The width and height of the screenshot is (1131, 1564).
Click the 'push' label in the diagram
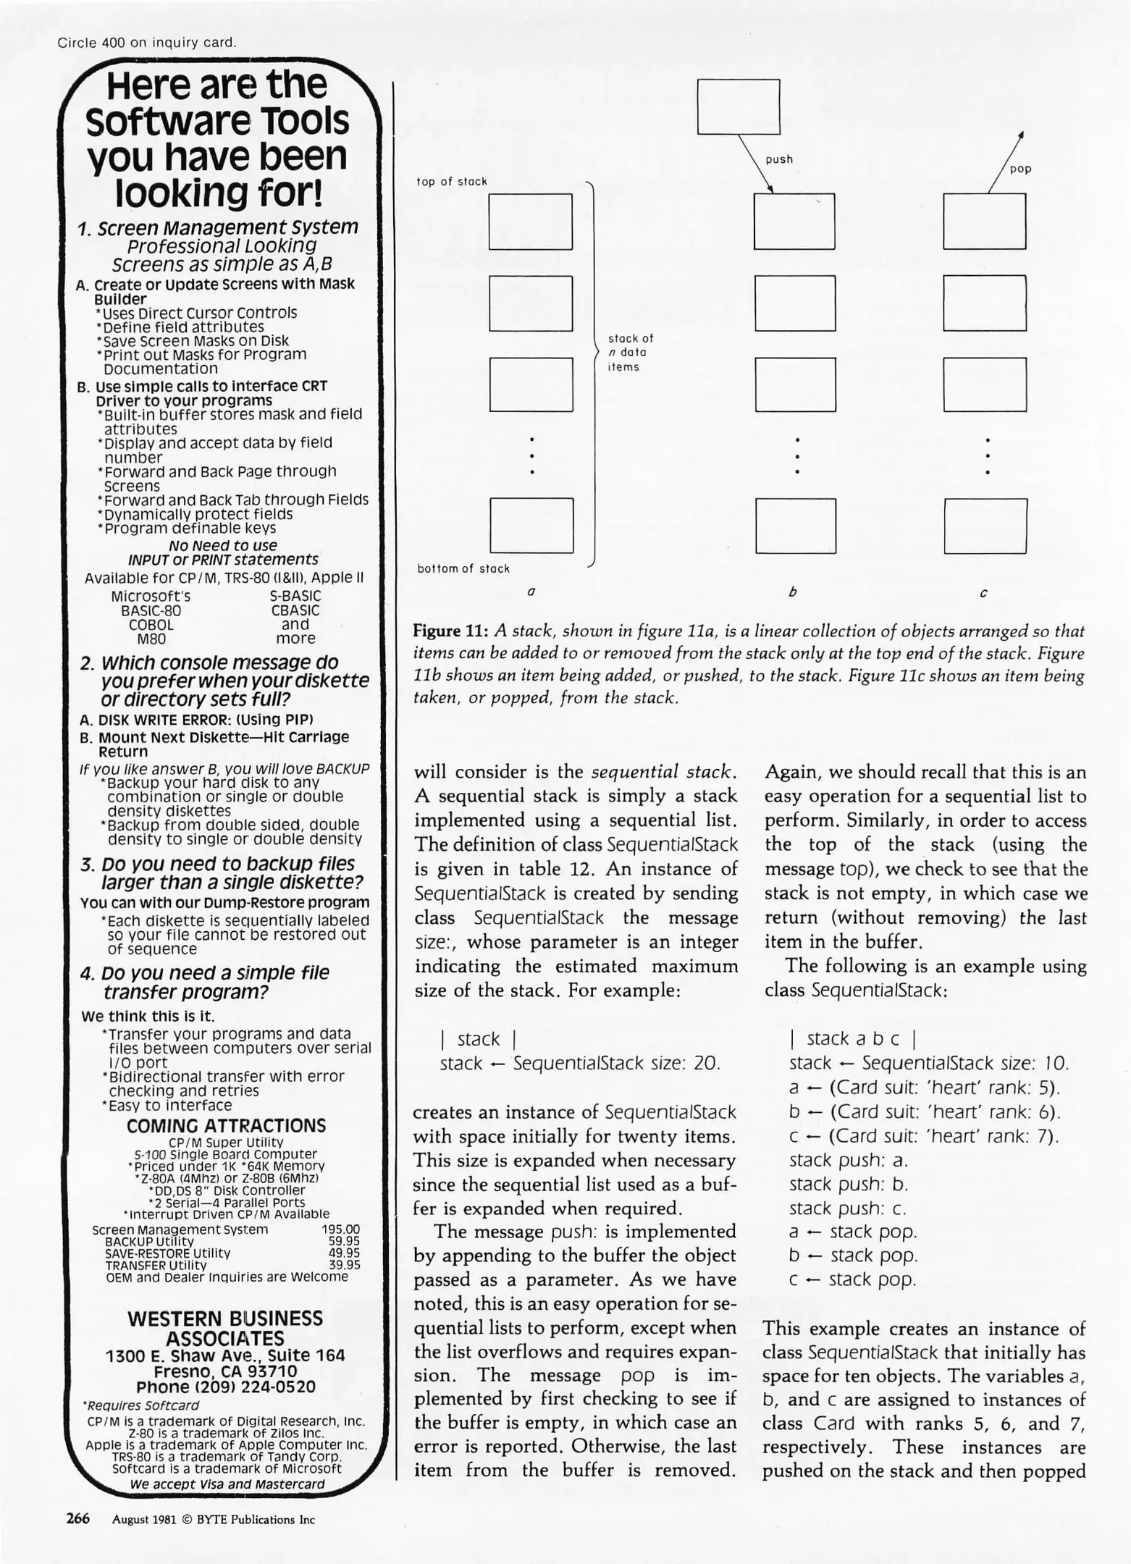pos(779,159)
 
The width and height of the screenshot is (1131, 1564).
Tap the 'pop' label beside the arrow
pos(1020,169)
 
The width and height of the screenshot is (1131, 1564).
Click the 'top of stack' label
pos(452,182)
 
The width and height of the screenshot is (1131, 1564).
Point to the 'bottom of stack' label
pos(463,568)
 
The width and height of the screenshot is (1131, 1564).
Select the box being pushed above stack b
pos(738,106)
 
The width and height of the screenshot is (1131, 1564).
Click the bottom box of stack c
pos(985,526)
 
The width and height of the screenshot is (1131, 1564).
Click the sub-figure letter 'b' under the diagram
pos(792,592)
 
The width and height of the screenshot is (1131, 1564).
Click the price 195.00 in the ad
pos(340,1229)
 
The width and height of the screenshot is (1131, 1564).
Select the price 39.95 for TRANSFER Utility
pos(344,1265)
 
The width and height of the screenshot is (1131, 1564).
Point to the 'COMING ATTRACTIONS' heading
pos(226,1126)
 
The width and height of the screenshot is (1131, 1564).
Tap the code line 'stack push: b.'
pos(848,1184)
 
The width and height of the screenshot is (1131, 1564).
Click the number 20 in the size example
pos(706,1063)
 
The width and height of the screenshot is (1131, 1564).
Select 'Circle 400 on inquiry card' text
pos(147,42)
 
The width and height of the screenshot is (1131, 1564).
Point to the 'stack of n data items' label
pos(629,353)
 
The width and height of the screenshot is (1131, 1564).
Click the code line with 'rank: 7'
pos(923,1135)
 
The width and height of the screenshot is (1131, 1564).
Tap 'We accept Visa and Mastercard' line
pos(227,1484)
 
